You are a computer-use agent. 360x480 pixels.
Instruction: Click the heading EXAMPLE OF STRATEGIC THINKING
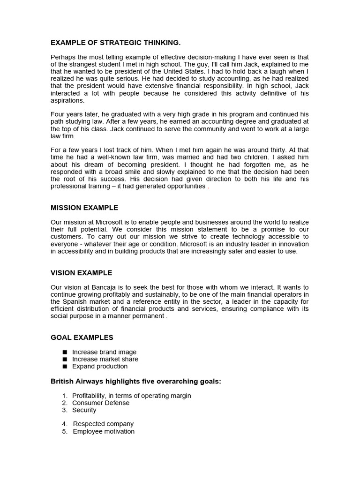coord(115,43)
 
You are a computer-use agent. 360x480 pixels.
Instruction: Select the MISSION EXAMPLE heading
coord(84,208)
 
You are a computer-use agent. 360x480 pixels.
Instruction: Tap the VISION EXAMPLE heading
coord(82,273)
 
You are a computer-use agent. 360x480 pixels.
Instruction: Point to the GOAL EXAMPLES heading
coord(82,337)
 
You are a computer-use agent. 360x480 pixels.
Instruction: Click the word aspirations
coord(67,100)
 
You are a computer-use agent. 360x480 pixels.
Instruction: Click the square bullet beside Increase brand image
coord(64,352)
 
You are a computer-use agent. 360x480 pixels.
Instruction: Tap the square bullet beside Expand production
coord(64,367)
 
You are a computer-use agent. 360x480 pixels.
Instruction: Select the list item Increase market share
coord(105,359)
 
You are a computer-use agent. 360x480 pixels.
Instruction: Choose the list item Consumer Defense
coord(100,403)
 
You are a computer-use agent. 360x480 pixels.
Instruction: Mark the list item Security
coord(84,410)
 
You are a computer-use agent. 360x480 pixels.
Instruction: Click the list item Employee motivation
coord(103,432)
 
